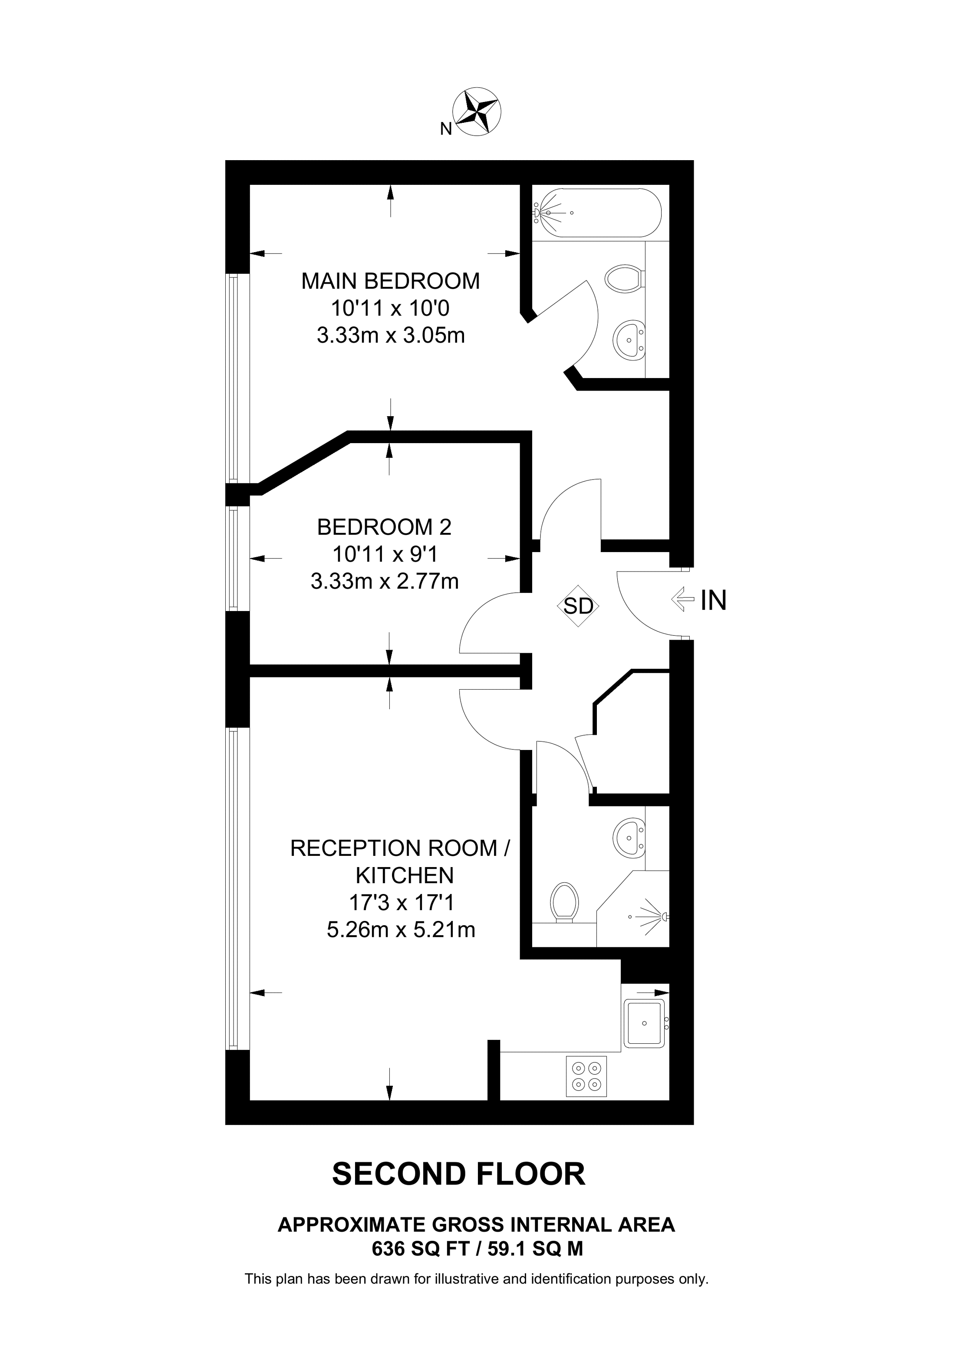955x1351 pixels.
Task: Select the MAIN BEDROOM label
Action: (390, 281)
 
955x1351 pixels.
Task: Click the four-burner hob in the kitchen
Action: (586, 1076)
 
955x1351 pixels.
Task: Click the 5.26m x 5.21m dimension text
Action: (401, 930)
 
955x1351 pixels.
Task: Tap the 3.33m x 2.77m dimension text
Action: (384, 582)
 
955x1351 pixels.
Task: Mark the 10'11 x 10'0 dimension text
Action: (390, 308)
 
